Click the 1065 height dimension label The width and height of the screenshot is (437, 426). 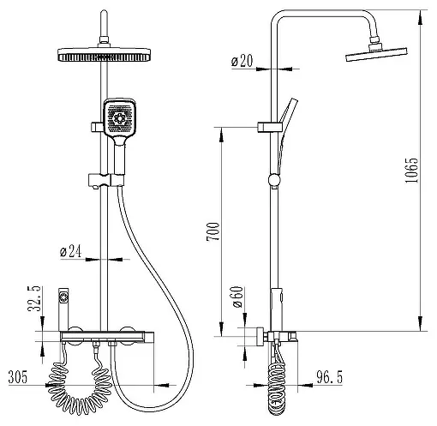pos(412,171)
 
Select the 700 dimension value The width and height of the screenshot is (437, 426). pos(213,231)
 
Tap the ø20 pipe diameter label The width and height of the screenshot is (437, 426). pos(242,61)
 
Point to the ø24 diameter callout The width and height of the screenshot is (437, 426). pos(71,251)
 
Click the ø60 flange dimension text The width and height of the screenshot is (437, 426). pos(237,297)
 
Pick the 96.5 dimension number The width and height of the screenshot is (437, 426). pos(329,377)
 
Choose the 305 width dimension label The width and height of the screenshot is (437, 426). pos(18,377)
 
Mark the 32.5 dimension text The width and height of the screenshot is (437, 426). pos(35,298)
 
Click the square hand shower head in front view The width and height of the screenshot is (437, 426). pos(119,118)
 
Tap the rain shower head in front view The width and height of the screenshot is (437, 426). pos(104,54)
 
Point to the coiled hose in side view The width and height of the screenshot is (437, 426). pos(277,388)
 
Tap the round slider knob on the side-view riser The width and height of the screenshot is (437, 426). pos(275,180)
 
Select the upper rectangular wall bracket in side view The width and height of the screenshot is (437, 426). pos(270,127)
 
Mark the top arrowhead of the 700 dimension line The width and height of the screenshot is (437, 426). pos(221,135)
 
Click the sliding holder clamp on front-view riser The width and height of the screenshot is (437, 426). pos(106,180)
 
